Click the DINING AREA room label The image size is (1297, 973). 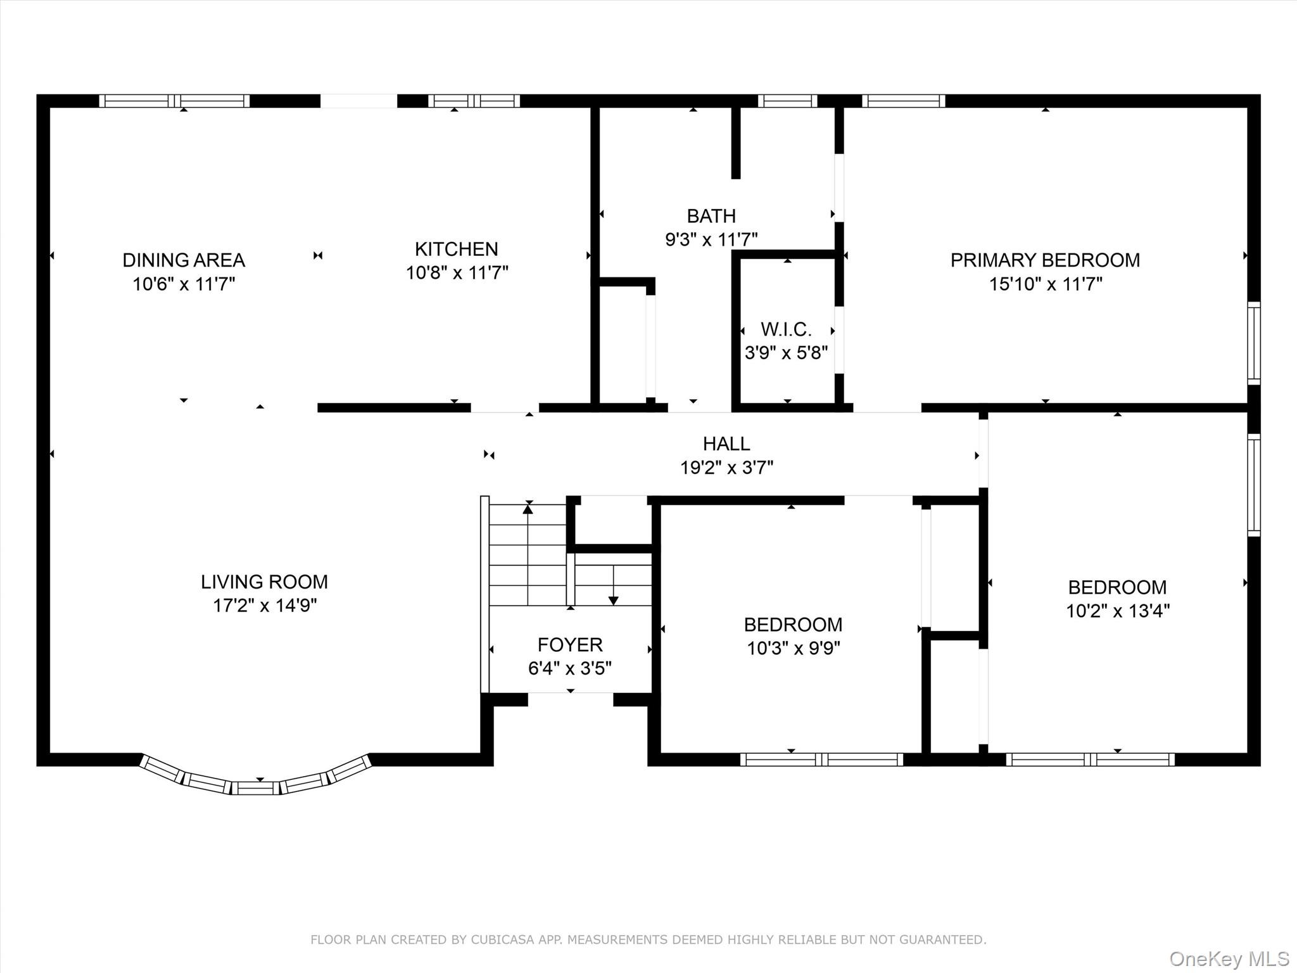pyautogui.click(x=184, y=260)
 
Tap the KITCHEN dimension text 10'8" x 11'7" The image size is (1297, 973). pyautogui.click(x=457, y=272)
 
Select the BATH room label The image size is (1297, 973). pyautogui.click(x=711, y=216)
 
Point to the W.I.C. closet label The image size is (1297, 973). pyautogui.click(x=786, y=329)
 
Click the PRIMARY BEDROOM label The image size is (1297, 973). pyautogui.click(x=1045, y=260)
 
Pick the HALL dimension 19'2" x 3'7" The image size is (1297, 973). pyautogui.click(x=726, y=467)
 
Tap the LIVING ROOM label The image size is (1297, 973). pyautogui.click(x=264, y=582)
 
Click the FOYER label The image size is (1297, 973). pyautogui.click(x=570, y=645)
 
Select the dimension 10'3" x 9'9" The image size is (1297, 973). pyautogui.click(x=793, y=649)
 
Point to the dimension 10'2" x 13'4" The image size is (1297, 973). pyautogui.click(x=1117, y=611)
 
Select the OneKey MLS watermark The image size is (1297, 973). pyautogui.click(x=1229, y=958)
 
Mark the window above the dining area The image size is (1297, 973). pyautogui.click(x=174, y=101)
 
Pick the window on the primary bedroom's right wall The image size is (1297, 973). pyautogui.click(x=1254, y=343)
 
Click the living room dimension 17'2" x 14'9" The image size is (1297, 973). pyautogui.click(x=264, y=606)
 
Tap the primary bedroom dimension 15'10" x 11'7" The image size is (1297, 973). pyautogui.click(x=1046, y=284)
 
